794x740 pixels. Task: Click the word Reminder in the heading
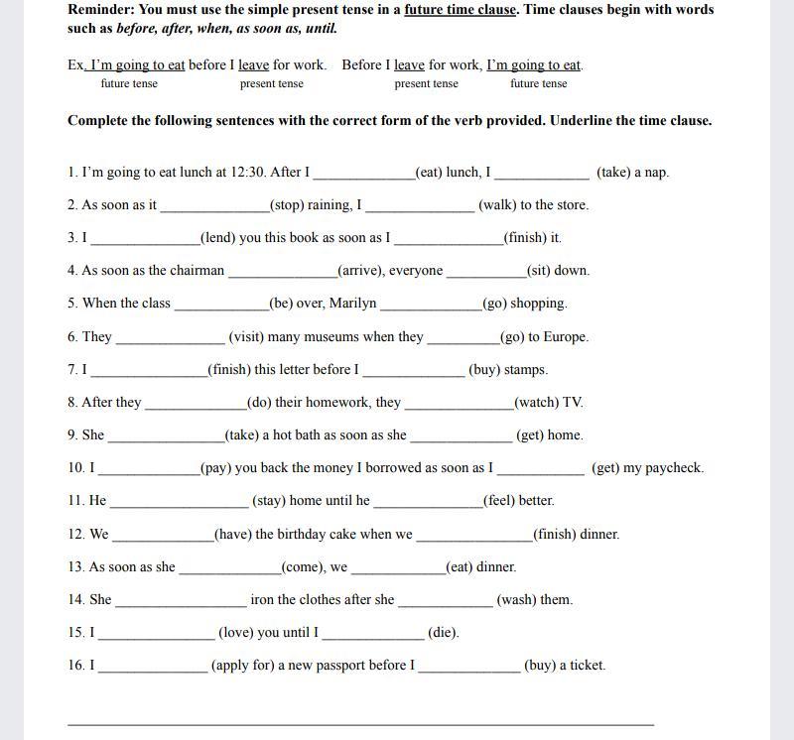point(99,9)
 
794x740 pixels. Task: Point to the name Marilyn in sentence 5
point(352,304)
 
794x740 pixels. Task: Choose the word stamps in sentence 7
point(525,370)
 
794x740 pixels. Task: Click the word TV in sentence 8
point(573,403)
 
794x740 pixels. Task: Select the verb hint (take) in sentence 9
point(244,435)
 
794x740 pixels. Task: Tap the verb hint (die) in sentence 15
point(443,633)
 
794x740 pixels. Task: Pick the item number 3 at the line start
point(72,238)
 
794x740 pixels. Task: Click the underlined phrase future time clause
point(461,9)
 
